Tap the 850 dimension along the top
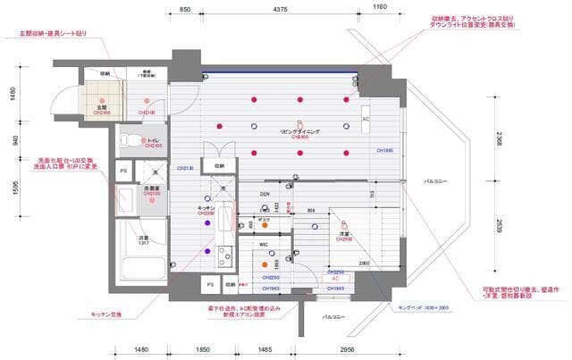coord(184,9)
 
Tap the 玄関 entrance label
coord(102,107)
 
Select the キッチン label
coord(206,208)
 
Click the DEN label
coord(265,193)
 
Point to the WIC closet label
coord(265,243)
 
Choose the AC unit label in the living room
coord(366,119)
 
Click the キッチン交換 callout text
coord(105,314)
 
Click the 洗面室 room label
coord(152,188)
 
